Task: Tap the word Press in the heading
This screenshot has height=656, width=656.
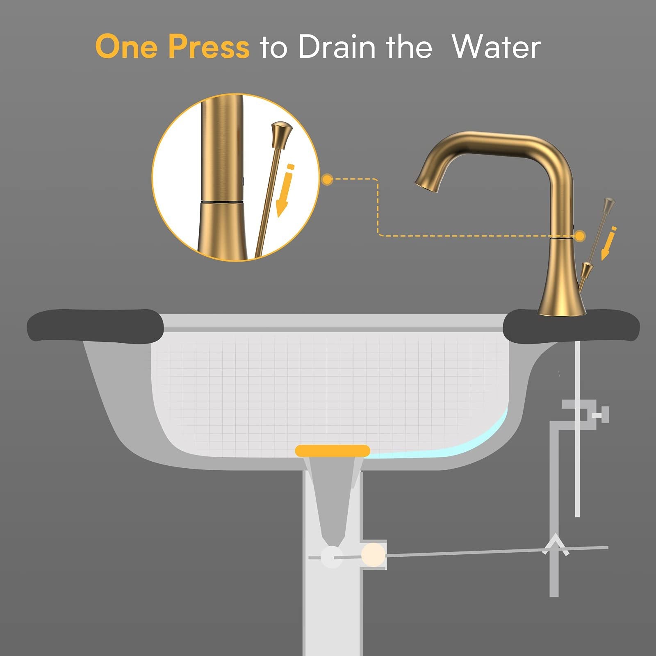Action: pos(209,46)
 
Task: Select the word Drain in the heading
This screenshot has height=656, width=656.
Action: pos(336,46)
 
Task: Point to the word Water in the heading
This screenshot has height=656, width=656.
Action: pos(496,46)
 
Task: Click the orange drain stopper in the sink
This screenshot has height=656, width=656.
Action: pos(333,451)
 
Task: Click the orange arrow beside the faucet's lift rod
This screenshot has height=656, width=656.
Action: pos(608,243)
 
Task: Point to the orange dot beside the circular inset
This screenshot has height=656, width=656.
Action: pos(327,179)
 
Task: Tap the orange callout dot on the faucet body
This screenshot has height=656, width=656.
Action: pos(580,236)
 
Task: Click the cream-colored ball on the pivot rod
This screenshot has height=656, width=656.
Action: pos(373,555)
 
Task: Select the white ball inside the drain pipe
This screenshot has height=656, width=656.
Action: pos(332,557)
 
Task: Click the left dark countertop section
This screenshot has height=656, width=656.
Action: pos(95,326)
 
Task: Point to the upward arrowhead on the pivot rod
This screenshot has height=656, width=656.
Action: pos(555,544)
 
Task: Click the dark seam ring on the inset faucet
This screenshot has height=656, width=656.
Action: pos(221,202)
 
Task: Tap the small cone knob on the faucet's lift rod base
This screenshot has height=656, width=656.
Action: pos(588,270)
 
